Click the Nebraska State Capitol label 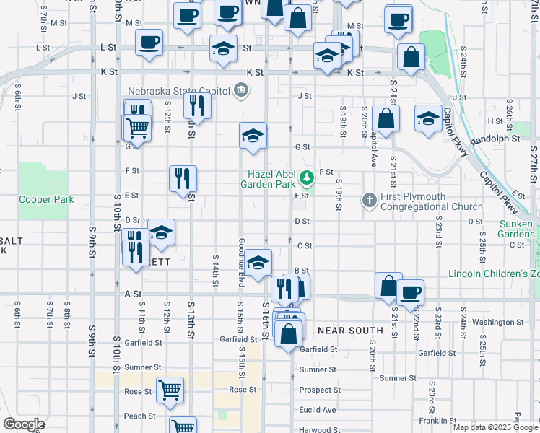178,91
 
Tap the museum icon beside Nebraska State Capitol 241,90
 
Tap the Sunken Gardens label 517,229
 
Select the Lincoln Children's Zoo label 493,274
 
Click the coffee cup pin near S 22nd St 411,292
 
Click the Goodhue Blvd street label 242,262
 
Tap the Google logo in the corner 24,424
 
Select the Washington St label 498,322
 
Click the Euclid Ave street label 318,410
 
